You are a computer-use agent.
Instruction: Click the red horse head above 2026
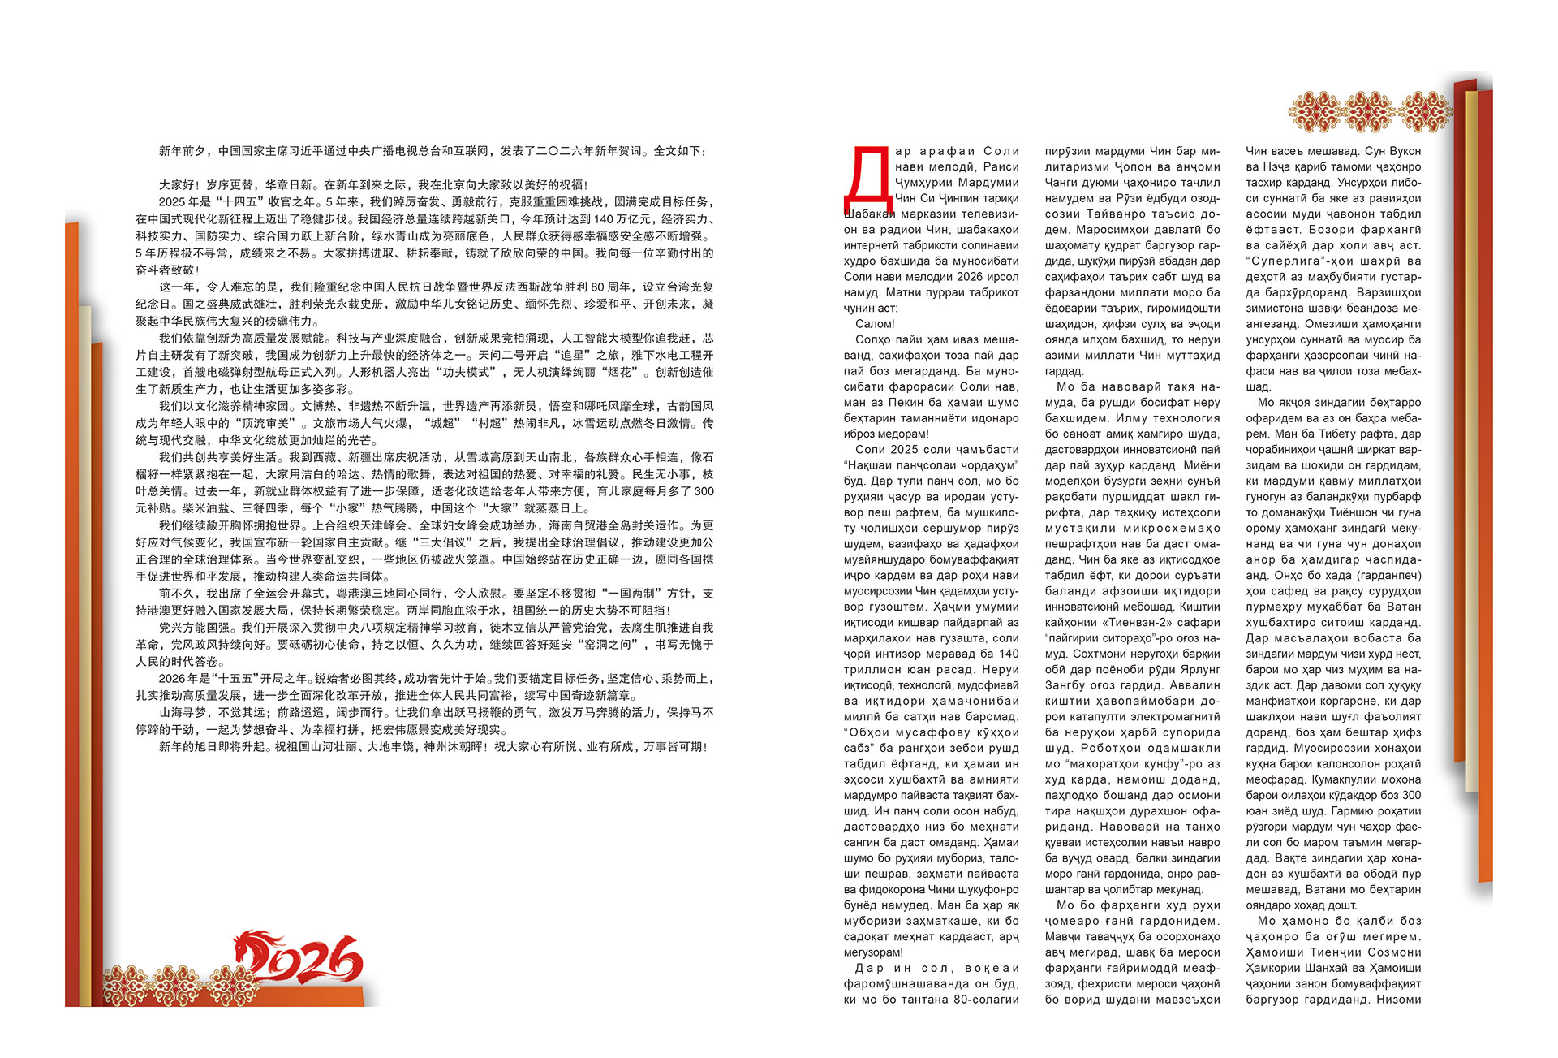253,950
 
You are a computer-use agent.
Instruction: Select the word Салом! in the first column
875,324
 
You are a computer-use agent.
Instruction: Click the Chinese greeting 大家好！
182,185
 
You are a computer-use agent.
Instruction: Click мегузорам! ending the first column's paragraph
873,952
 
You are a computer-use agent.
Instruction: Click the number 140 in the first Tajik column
1009,654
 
